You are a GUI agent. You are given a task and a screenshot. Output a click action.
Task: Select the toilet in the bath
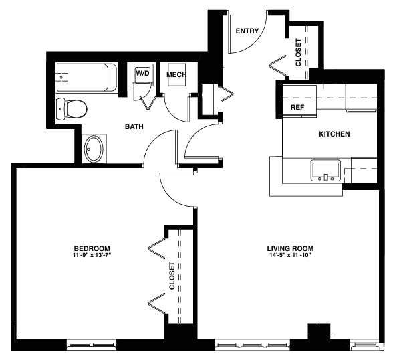point(72,107)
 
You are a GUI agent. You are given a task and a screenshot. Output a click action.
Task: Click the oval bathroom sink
point(94,149)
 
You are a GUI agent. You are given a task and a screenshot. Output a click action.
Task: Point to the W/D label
point(142,73)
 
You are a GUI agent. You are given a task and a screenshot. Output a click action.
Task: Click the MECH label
point(176,74)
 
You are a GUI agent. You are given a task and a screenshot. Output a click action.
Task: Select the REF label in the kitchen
point(297,107)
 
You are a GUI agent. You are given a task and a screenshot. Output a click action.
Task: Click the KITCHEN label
point(334,134)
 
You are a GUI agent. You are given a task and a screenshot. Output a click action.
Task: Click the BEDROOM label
point(92,248)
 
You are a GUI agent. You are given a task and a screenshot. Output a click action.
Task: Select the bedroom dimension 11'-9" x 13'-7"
point(92,255)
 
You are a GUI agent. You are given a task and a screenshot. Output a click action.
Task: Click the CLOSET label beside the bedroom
point(172,275)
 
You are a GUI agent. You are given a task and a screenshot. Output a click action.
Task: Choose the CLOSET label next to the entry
point(298,52)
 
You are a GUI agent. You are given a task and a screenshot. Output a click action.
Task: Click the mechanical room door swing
point(175,107)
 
